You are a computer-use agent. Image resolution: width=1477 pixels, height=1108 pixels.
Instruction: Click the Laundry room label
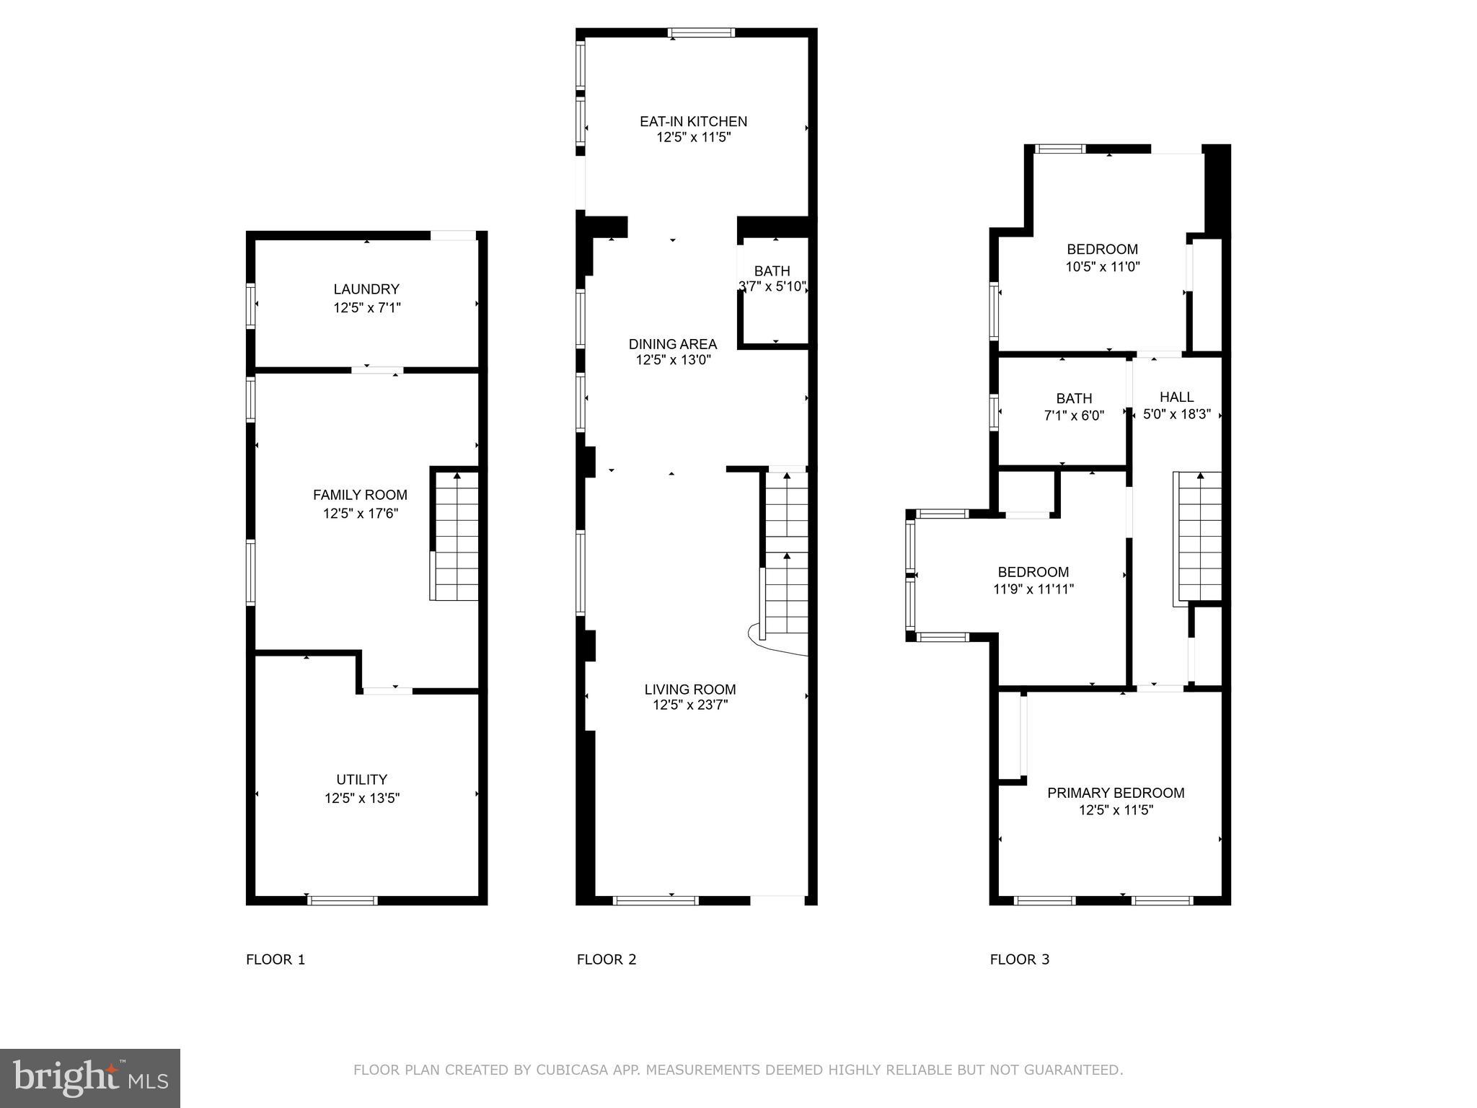366,289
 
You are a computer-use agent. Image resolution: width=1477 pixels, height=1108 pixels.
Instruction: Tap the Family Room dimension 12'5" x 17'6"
361,514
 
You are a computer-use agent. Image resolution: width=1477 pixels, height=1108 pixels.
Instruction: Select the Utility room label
362,780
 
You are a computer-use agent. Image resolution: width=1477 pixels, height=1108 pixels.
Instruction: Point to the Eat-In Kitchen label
693,121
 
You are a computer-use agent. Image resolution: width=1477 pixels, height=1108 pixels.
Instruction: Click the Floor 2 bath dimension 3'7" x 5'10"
772,286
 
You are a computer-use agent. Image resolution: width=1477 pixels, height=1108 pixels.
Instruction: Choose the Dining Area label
672,344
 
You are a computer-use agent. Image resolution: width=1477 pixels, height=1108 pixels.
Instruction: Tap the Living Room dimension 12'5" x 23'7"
690,705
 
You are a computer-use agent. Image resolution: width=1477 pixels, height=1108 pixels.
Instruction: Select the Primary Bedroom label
1116,793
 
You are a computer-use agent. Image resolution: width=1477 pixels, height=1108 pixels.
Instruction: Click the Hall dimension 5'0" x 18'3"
1176,415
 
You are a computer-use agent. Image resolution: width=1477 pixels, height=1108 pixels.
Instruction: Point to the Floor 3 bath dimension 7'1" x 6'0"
1074,415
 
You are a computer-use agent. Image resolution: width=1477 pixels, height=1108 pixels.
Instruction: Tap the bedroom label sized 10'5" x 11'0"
1102,250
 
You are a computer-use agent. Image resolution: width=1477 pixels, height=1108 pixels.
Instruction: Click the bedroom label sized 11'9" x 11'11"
1033,572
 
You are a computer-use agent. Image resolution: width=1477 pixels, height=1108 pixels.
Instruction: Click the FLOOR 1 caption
275,959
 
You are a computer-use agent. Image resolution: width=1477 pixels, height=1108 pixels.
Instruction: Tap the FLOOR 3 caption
1019,959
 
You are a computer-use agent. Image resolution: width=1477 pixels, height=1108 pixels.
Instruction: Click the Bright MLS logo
90,1078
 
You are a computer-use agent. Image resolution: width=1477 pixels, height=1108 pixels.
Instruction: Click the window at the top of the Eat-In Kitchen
701,32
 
